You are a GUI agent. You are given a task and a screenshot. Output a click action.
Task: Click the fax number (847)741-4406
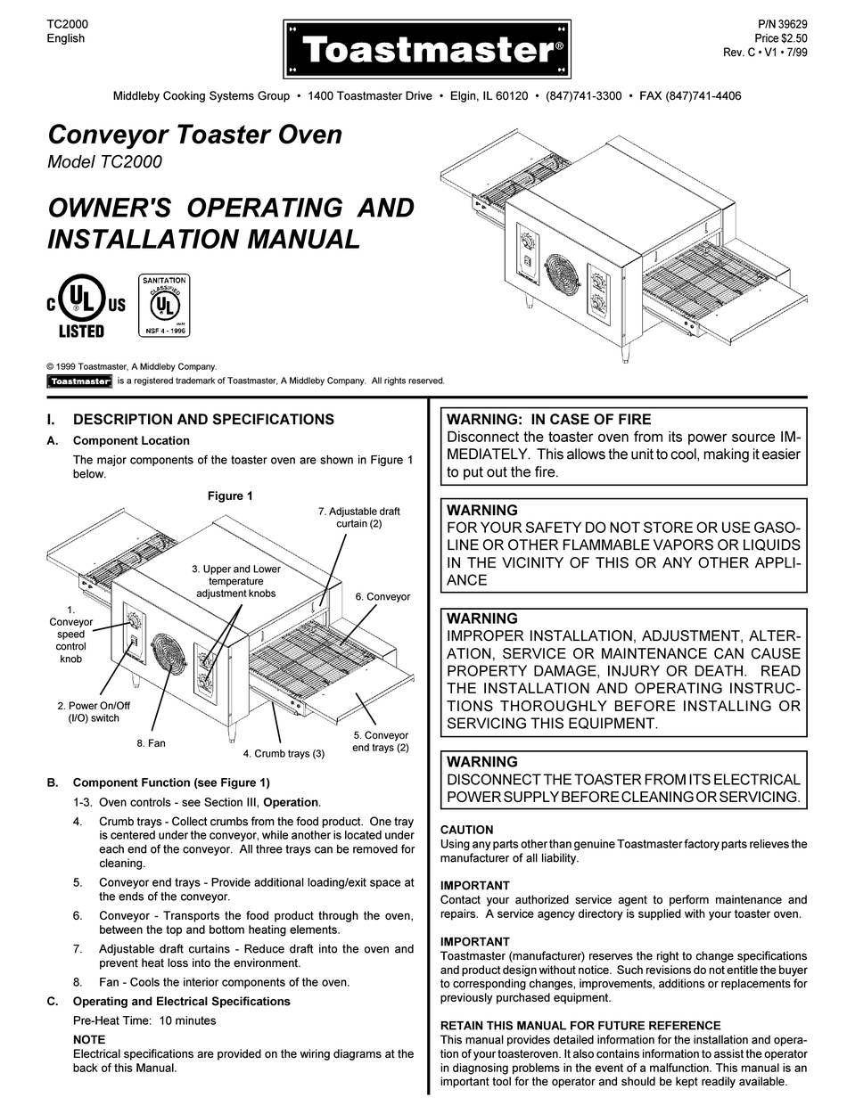coord(703,96)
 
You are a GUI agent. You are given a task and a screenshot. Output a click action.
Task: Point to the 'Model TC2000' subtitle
coord(104,162)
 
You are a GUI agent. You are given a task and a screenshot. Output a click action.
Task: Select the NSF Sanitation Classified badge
coord(163,305)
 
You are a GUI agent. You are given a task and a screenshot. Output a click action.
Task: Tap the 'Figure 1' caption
coord(230,496)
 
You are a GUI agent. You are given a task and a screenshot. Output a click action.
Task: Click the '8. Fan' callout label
coord(151,742)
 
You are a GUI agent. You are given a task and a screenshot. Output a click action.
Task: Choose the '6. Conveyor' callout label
coord(382,596)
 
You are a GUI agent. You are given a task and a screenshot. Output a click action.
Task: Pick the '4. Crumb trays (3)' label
coord(284,754)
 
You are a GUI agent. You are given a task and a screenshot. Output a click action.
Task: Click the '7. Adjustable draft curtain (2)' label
coord(358,518)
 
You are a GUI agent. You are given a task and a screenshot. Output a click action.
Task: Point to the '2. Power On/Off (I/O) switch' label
coord(87,711)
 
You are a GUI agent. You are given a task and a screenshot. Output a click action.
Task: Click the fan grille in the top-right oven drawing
coord(558,278)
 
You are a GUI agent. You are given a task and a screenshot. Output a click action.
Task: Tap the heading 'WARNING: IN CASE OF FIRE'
coord(548,419)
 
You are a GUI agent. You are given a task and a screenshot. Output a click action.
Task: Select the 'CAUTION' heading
coord(466,830)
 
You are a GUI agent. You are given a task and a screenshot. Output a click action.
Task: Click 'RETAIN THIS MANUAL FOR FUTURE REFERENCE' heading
coord(580,1026)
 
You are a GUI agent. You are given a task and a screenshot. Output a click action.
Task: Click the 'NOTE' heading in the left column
coord(88,1039)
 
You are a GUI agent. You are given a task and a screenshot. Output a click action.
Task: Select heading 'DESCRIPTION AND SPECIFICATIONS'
coord(203,419)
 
